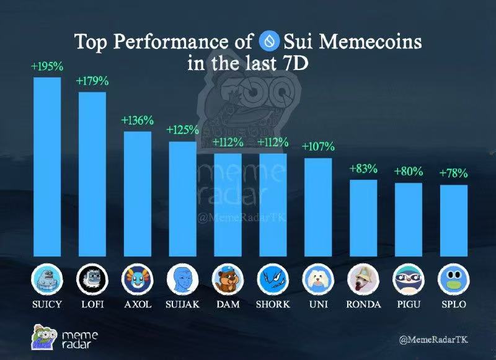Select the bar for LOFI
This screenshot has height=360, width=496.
pos(92,173)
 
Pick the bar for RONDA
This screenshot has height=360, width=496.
pos(363,217)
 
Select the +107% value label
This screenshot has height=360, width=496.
pos(318,147)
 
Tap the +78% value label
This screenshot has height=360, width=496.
pos(453,173)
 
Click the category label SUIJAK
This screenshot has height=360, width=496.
pos(182,305)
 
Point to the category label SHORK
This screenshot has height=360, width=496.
pos(273,305)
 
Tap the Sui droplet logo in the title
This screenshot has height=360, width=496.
pos(270,42)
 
